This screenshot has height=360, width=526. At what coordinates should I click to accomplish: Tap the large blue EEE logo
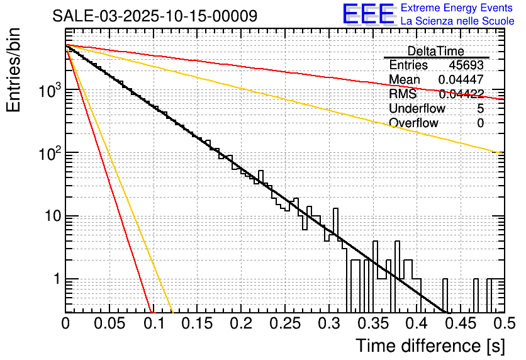point(368,15)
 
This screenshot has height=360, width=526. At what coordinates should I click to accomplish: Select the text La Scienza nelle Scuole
point(457,21)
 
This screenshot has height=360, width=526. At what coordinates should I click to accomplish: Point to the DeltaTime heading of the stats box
point(436,51)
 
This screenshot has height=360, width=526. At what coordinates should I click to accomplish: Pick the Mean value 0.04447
point(461,80)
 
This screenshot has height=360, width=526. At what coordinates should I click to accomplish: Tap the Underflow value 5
point(481,109)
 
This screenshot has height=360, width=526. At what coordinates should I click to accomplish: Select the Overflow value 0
point(481,123)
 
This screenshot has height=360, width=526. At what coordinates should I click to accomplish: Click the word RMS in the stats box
point(403,94)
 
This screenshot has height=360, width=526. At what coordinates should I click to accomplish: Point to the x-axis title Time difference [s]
point(430,346)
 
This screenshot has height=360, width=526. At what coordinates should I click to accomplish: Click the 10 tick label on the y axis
point(48,217)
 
